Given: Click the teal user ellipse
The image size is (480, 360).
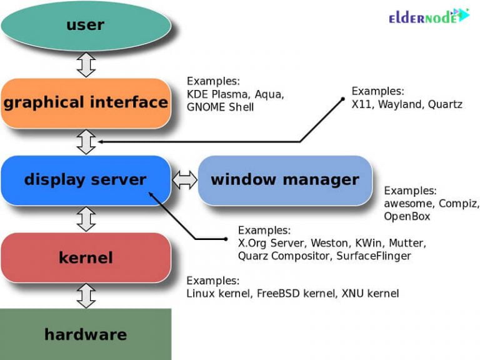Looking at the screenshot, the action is (x=86, y=26).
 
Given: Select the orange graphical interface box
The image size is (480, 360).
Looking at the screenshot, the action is (x=86, y=103).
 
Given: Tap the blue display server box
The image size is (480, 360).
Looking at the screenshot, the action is (x=86, y=180).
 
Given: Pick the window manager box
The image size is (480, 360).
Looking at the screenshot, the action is (x=285, y=180).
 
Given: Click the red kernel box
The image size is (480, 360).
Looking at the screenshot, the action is (x=86, y=257).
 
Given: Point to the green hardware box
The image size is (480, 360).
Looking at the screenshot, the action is (x=86, y=334).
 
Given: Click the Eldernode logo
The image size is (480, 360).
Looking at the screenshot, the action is (x=429, y=16).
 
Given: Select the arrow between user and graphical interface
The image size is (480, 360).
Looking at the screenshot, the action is (x=86, y=64).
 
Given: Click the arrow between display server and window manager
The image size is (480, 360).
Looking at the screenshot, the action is (x=185, y=180).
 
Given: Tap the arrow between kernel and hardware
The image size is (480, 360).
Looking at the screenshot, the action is (x=86, y=296).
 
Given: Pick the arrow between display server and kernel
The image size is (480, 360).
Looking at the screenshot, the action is (x=86, y=219).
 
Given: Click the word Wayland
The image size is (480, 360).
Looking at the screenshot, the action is (x=400, y=105).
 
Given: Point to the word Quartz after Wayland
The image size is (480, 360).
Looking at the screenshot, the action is (x=445, y=104).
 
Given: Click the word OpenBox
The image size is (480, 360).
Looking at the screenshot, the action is (x=407, y=217).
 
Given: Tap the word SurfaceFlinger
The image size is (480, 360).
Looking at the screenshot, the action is (x=374, y=256).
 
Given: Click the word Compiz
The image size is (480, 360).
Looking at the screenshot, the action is (x=459, y=204).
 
